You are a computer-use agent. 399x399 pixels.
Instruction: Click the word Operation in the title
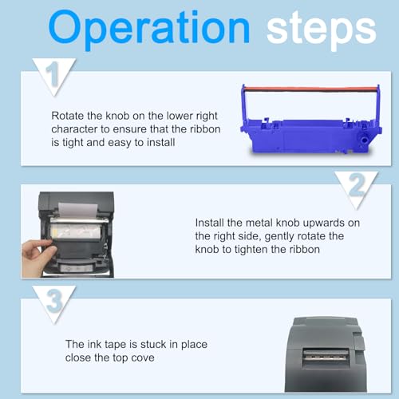point(149,30)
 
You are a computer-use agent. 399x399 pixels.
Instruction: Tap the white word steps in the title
point(322,30)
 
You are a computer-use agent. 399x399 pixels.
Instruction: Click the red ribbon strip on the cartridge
point(310,89)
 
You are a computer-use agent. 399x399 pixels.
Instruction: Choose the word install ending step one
point(160,142)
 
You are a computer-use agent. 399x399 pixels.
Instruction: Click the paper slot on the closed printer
point(326,355)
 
